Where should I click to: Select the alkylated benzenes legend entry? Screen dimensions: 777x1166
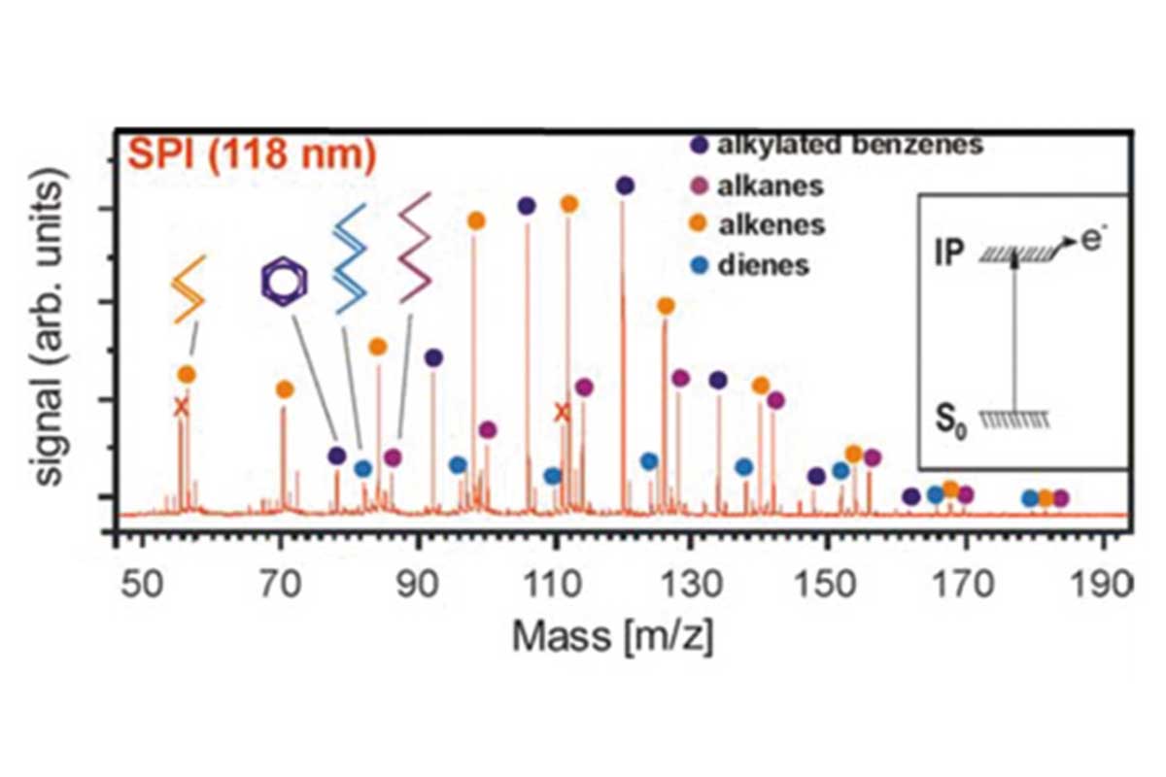836,146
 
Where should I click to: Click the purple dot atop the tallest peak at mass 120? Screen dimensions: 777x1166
625,186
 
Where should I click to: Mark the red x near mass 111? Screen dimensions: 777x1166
562,413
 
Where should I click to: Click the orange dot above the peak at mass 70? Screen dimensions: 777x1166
284,389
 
